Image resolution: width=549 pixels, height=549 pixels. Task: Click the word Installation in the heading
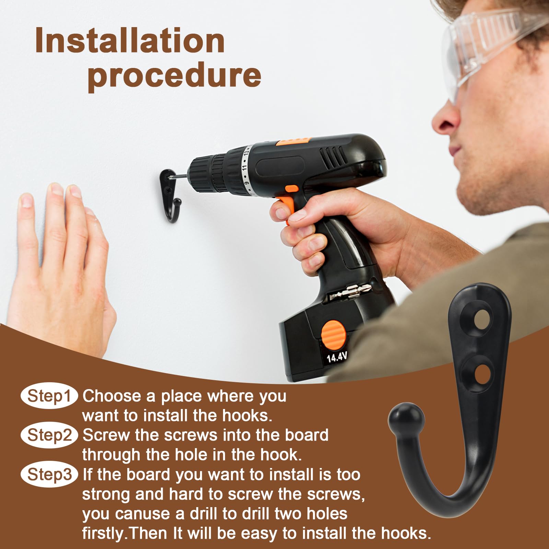[x=130, y=41]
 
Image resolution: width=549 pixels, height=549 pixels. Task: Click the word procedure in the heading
[x=174, y=76]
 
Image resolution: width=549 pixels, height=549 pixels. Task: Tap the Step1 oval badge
[x=49, y=396]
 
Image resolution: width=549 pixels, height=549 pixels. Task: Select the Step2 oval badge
[x=49, y=435]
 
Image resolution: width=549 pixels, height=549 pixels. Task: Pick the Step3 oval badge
[x=49, y=475]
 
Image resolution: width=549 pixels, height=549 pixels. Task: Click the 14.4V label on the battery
[x=337, y=357]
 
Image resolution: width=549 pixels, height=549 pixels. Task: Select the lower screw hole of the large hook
[x=483, y=374]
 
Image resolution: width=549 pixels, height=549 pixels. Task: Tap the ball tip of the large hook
[x=406, y=421]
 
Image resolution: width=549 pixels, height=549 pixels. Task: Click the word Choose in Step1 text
[x=112, y=396]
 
